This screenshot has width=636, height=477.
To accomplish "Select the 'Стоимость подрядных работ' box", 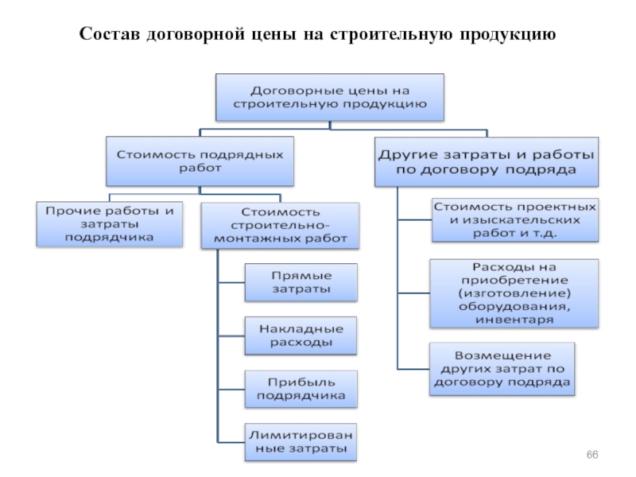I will (200, 158).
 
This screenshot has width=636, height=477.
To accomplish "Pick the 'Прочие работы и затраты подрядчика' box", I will (109, 224).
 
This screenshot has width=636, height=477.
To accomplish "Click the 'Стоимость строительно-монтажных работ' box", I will (280, 226).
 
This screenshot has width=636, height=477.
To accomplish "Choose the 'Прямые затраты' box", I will (301, 282).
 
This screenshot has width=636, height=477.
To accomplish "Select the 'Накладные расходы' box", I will (301, 335).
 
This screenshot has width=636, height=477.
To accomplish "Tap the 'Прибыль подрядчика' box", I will (301, 389).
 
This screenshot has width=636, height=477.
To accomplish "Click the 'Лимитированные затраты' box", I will (301, 442).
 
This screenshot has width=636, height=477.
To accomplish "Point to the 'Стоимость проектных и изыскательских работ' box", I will (514, 219).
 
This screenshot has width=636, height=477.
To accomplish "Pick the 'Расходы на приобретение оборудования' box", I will (514, 293).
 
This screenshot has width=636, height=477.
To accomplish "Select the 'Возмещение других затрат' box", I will (501, 368).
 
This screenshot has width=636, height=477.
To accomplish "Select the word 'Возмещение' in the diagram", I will (501, 355).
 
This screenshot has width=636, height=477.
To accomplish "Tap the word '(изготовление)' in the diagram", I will (514, 293).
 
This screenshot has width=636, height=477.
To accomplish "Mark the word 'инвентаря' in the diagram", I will (514, 320).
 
